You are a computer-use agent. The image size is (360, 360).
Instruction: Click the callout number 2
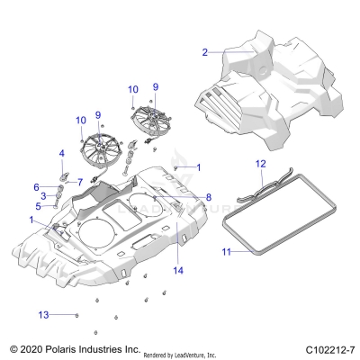[x=205, y=52]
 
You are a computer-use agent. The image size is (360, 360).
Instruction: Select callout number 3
[x=43, y=195]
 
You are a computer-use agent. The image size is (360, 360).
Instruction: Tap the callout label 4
[x=61, y=154]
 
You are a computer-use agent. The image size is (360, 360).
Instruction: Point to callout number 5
[x=38, y=206]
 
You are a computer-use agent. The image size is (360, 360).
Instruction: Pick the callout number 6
[x=37, y=186]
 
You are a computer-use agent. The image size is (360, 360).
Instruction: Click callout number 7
[x=80, y=182]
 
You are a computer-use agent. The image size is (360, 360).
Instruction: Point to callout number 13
[x=41, y=314]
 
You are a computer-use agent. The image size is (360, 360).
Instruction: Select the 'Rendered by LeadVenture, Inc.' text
[x=194, y=353]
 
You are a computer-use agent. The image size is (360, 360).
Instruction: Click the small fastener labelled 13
[x=76, y=314]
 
